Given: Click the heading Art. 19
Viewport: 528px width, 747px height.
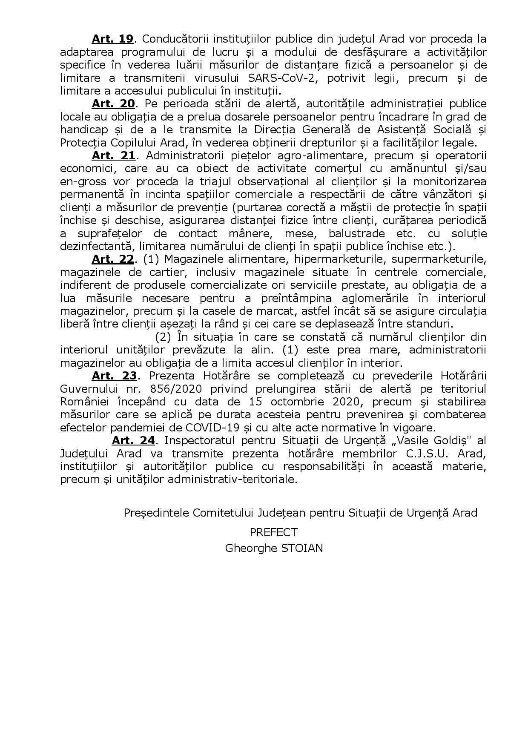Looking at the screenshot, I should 113,39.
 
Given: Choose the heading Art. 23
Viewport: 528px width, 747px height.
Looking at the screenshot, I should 114,376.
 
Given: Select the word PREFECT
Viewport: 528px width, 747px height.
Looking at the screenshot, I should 273,532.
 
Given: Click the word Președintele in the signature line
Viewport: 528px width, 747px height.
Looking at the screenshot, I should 156,513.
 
